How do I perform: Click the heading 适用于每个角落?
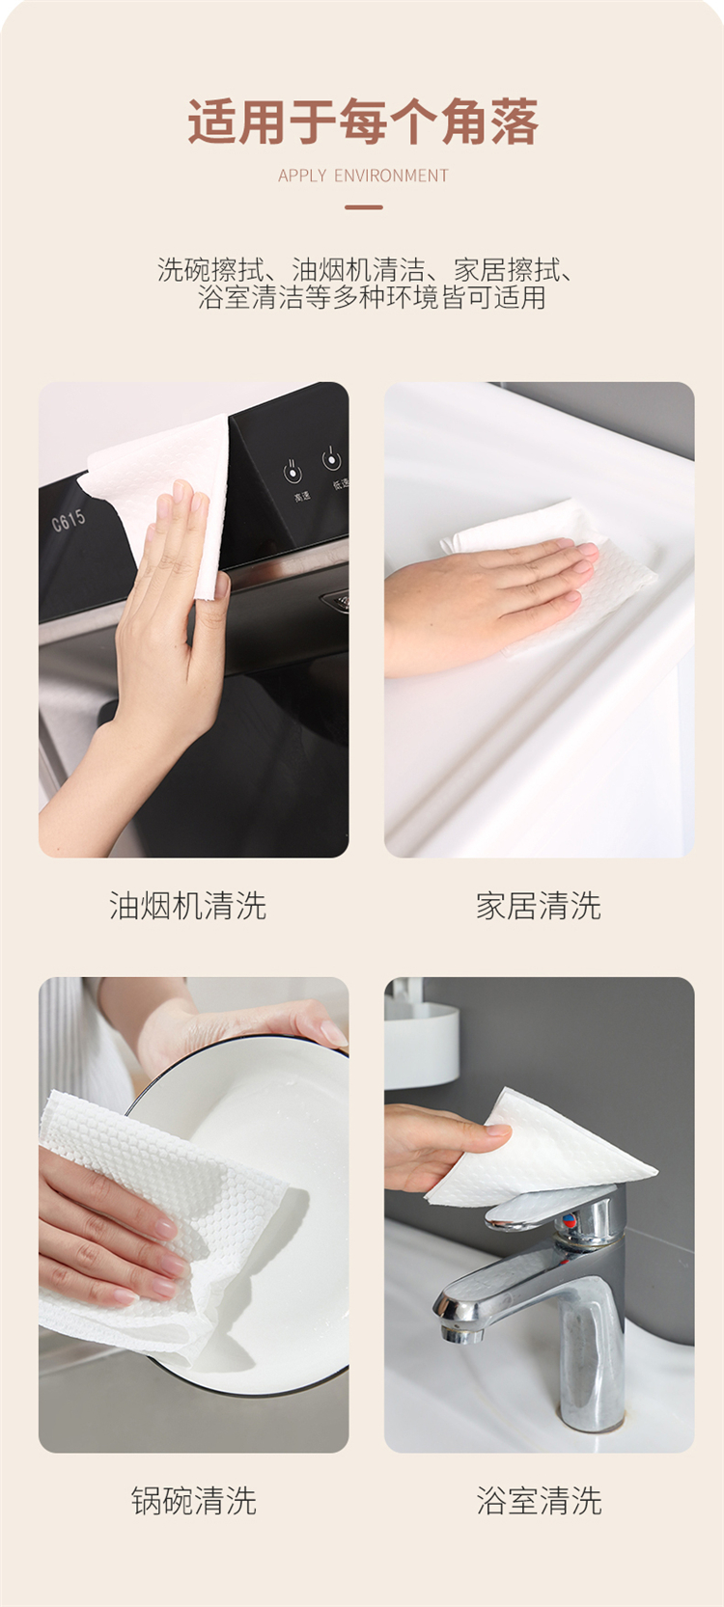point(363,122)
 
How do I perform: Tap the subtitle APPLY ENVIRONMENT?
point(363,176)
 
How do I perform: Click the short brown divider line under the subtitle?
point(363,207)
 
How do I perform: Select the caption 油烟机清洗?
point(188,906)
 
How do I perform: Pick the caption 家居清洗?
point(539,906)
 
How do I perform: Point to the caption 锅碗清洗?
point(194,1501)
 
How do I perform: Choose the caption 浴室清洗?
point(539,1501)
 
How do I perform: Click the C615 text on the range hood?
point(69,521)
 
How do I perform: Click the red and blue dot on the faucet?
point(570,1219)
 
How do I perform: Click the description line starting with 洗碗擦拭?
point(366,270)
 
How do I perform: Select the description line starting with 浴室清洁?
point(372,297)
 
